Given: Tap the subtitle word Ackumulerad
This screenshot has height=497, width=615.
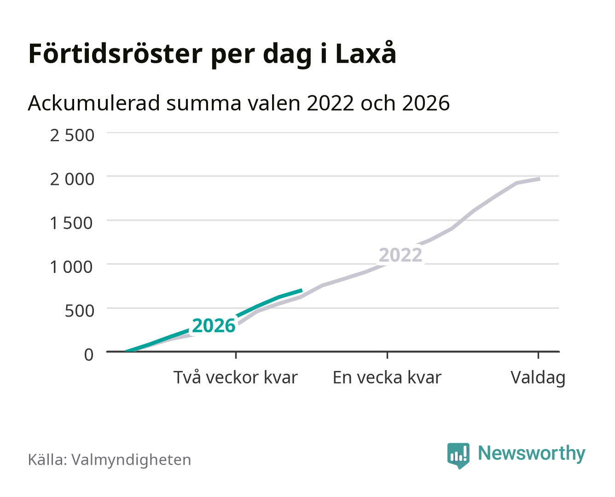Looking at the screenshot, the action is tap(94, 103).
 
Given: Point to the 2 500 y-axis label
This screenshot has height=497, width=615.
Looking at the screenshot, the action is tap(72, 135).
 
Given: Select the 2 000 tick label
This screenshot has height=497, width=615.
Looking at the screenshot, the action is tap(72, 179).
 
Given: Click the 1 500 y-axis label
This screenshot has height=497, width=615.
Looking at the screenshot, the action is tap(71, 223).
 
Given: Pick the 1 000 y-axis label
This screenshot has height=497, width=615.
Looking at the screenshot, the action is tap(71, 267).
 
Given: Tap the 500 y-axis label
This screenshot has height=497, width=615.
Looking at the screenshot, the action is tap(79, 311).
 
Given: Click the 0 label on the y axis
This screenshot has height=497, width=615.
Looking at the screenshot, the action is tap(89, 354).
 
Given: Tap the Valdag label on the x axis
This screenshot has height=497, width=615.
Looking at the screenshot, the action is tap(538, 377).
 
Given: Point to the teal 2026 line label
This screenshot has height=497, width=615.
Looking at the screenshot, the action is tap(214, 325).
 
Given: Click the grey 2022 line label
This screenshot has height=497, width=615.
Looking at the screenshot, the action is tap(400, 255).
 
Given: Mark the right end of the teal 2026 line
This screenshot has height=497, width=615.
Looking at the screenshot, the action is tap(302, 290).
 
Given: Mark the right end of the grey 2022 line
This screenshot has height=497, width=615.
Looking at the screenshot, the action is tap(540, 179).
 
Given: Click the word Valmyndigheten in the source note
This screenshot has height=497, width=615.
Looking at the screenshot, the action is tap(131, 459).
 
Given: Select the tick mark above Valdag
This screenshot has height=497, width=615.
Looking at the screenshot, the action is tap(538, 355).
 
